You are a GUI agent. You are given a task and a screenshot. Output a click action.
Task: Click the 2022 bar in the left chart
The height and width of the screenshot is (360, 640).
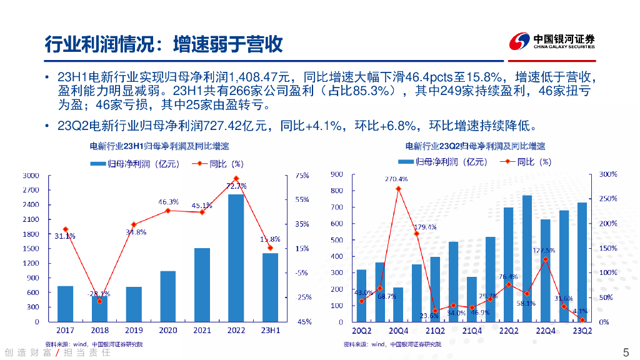coord(236,257)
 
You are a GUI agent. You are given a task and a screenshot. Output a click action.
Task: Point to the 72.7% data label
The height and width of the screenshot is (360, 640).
coord(236,186)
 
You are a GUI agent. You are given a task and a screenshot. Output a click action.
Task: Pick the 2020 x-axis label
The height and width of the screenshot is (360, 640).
coord(167,330)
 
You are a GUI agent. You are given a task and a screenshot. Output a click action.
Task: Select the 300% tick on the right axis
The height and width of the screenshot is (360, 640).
coord(608,174)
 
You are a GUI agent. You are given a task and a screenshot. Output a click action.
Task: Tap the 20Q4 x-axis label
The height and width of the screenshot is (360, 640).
coord(397,330)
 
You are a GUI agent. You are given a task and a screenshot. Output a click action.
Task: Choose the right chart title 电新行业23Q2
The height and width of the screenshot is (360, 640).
coord(475,146)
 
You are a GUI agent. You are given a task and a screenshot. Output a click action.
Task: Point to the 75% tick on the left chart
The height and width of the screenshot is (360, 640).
coord(302,176)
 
